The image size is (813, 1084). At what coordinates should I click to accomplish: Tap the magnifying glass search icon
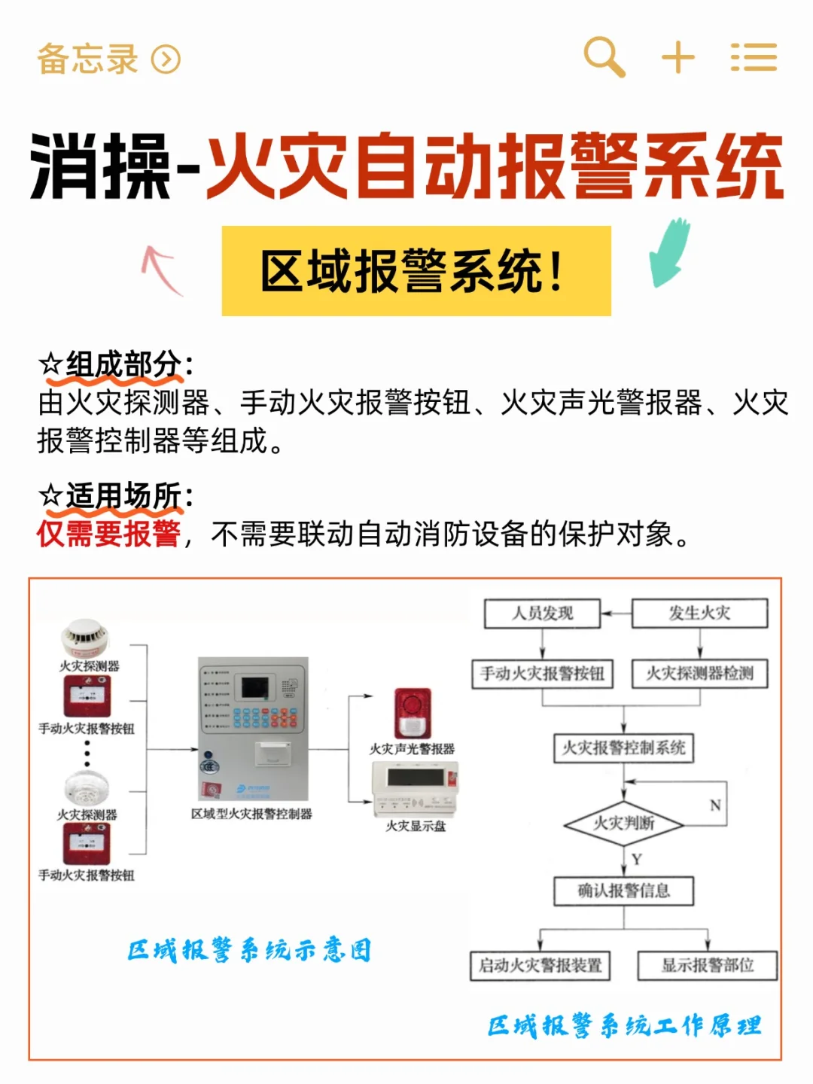(604, 56)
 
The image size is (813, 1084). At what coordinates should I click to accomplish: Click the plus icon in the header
(677, 57)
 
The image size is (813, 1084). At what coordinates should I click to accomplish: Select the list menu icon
(754, 57)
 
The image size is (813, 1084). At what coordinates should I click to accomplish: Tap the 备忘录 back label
(88, 59)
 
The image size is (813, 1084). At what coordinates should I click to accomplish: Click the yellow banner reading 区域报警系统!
(416, 271)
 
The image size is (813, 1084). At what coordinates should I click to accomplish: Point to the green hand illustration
(671, 252)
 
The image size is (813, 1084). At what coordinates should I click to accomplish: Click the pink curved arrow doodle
(161, 269)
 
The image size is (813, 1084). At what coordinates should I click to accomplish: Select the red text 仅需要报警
(109, 534)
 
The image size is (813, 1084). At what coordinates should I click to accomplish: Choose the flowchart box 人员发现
(542, 614)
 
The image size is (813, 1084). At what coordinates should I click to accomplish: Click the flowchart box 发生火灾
(699, 614)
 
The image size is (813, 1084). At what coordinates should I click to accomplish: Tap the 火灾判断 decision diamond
(623, 824)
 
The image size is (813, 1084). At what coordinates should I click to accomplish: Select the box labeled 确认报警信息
(623, 891)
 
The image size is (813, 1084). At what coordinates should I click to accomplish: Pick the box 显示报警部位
(707, 965)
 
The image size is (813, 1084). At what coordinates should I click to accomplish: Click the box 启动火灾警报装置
(540, 965)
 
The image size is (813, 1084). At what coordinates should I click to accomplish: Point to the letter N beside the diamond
(714, 805)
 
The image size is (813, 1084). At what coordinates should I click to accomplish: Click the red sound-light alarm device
(413, 713)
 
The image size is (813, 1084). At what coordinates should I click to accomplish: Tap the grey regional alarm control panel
(253, 729)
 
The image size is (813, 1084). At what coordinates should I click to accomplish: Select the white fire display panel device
(416, 788)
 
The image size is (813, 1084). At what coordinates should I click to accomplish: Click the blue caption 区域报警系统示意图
(249, 950)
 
